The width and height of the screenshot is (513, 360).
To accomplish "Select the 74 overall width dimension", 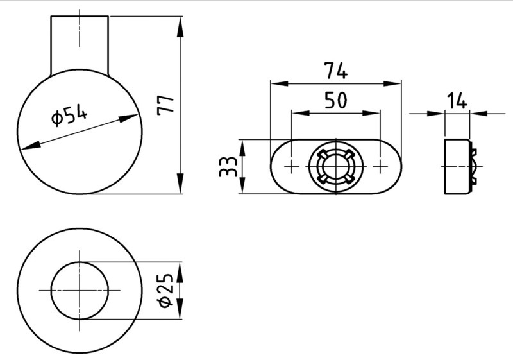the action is pyautogui.click(x=335, y=71).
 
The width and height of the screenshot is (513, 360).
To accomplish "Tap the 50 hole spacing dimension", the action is pyautogui.click(x=335, y=100).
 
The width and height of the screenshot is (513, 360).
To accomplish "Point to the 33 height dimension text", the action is pyautogui.click(x=228, y=167).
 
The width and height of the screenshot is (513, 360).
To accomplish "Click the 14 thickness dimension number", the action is pyautogui.click(x=457, y=101).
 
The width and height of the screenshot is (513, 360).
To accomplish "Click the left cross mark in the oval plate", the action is pyautogui.click(x=292, y=167).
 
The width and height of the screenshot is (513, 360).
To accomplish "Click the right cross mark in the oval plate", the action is pyautogui.click(x=380, y=167).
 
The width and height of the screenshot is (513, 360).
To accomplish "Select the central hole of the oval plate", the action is pyautogui.click(x=336, y=167).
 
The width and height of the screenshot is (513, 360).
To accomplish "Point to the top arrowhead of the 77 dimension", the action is pyautogui.click(x=180, y=27).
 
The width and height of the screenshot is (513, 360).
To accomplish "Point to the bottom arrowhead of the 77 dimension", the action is pyautogui.click(x=180, y=184).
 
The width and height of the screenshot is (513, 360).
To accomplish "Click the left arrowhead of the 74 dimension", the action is pyautogui.click(x=280, y=83).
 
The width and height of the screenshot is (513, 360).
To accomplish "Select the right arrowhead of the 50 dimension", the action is pyautogui.click(x=371, y=113).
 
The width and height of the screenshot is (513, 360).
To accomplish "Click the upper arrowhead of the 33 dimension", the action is pyautogui.click(x=242, y=148).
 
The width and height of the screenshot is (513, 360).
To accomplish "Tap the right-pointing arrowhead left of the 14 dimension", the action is pyautogui.click(x=436, y=114).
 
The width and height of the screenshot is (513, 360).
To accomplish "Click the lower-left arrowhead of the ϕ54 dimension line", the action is pyautogui.click(x=30, y=146).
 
